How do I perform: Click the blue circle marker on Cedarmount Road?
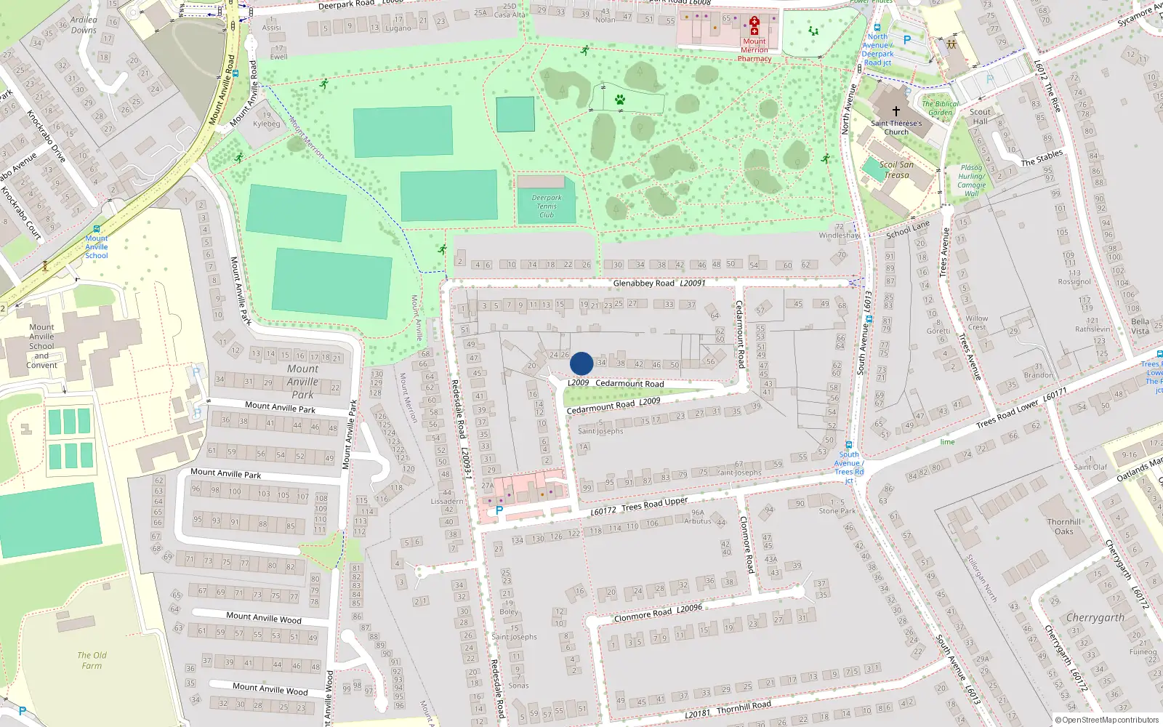click(x=581, y=363)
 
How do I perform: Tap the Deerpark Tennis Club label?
click(x=547, y=206)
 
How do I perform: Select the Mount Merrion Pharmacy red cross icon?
click(x=754, y=25)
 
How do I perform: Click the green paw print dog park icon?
click(x=620, y=100)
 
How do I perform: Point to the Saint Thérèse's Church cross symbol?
click(x=896, y=111)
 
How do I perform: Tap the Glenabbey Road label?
click(x=659, y=283)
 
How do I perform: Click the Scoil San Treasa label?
click(x=897, y=169)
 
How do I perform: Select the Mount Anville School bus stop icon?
click(x=97, y=228)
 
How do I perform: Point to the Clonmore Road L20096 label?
click(x=658, y=612)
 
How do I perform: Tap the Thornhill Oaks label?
click(x=1064, y=526)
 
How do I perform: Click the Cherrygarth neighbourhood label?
click(x=1095, y=618)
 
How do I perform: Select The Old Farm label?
click(x=92, y=660)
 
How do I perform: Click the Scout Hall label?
click(x=980, y=116)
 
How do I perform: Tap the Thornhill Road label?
click(x=743, y=707)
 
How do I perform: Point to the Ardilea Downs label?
click(x=84, y=25)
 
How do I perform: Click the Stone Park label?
click(x=837, y=511)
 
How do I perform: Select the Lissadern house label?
click(x=447, y=501)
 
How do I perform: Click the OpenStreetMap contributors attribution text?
click(x=1109, y=720)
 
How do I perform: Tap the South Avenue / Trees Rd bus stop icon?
click(x=848, y=444)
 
